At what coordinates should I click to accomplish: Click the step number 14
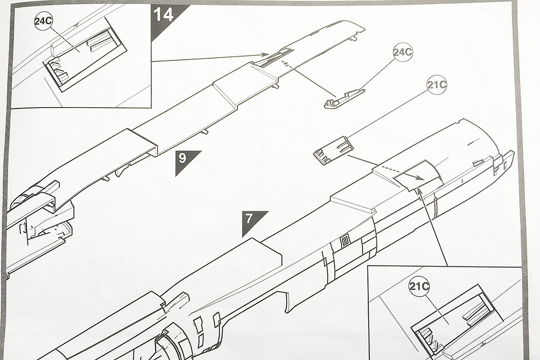click(163, 16)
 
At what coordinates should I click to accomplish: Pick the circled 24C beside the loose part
click(402, 53)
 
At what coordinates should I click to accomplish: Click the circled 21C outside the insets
click(436, 85)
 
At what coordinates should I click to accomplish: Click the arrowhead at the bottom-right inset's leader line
click(419, 192)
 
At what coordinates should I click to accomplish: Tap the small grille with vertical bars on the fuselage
click(345, 242)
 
